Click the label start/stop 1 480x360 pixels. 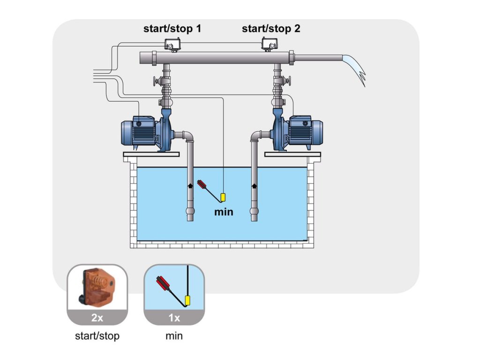pyautogui.click(x=172, y=29)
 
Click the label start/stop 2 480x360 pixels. pyautogui.click(x=271, y=29)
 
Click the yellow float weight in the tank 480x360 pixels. pyautogui.click(x=223, y=197)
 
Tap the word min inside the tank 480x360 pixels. pyautogui.click(x=224, y=212)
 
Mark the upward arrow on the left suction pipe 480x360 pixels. pyautogui.click(x=190, y=186)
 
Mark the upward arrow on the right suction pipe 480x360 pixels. pyautogui.click(x=254, y=186)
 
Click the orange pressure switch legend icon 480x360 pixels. pyautogui.click(x=97, y=287)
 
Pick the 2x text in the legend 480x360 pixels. pyautogui.click(x=97, y=318)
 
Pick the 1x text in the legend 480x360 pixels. pyautogui.click(x=174, y=318)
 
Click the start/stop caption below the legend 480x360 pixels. pyautogui.click(x=97, y=336)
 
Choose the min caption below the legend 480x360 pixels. pyautogui.click(x=174, y=336)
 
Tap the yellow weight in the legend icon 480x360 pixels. pyautogui.click(x=188, y=300)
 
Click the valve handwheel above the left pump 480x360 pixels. pyautogui.click(x=155, y=84)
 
